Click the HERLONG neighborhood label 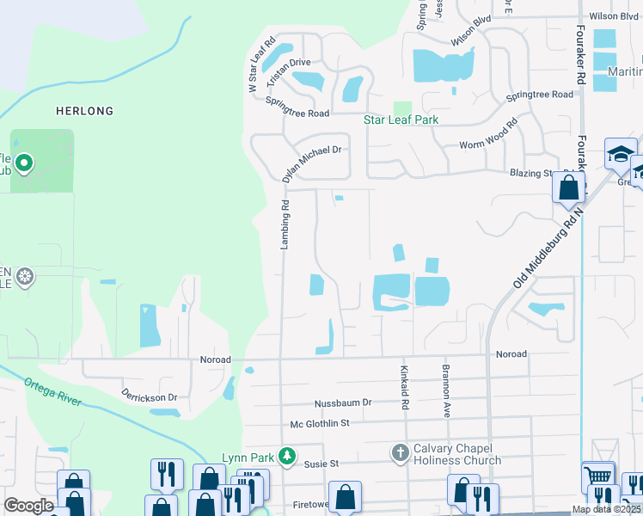pyautogui.click(x=84, y=111)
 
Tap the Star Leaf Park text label pyautogui.click(x=401, y=120)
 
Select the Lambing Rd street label pyautogui.click(x=284, y=226)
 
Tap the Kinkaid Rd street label pyautogui.click(x=403, y=387)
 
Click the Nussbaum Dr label pyautogui.click(x=342, y=402)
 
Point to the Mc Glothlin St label pyautogui.click(x=320, y=423)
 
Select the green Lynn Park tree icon pyautogui.click(x=291, y=455)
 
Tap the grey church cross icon pyautogui.click(x=399, y=452)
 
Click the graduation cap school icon pyautogui.click(x=619, y=153)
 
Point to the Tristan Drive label pyautogui.click(x=289, y=68)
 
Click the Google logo pyautogui.click(x=28, y=506)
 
